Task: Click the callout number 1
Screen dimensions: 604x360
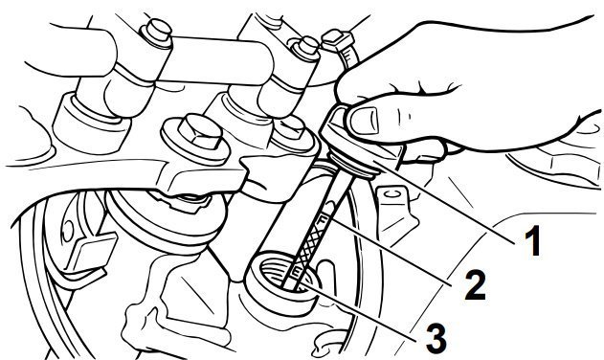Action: (533, 241)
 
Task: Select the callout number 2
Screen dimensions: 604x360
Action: (476, 284)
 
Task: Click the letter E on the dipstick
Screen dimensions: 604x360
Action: (298, 272)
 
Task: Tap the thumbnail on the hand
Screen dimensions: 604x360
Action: (365, 121)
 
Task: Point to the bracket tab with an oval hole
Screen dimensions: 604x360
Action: (393, 204)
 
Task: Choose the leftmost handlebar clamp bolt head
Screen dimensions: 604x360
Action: (158, 33)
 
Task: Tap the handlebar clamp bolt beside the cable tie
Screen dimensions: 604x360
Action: (306, 49)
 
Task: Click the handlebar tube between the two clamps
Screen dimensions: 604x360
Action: (215, 59)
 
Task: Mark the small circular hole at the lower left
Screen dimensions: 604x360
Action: (68, 231)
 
